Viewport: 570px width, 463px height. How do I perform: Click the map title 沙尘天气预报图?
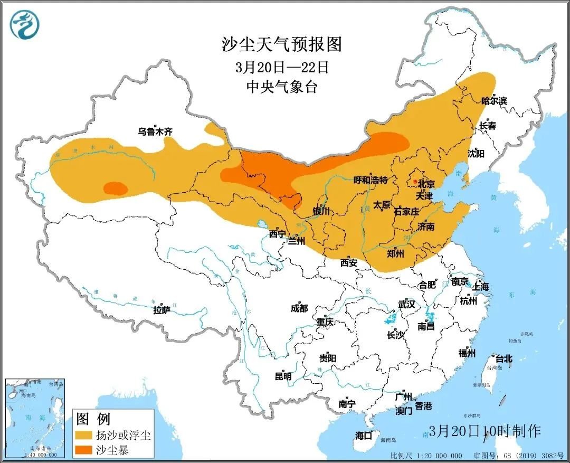tap(282, 44)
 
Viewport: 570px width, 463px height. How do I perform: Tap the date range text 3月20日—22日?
tap(282, 68)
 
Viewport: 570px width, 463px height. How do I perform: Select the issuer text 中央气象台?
tap(282, 87)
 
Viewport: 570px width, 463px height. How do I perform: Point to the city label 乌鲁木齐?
tap(155, 132)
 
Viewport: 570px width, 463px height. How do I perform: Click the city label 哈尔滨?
tap(493, 101)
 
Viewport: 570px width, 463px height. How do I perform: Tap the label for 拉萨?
tap(162, 310)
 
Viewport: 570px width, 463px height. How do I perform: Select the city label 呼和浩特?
tap(370, 180)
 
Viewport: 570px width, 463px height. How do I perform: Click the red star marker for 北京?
tap(415, 182)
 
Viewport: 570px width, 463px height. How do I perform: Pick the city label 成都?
tap(299, 308)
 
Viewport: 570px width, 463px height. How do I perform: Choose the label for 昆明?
tap(283, 376)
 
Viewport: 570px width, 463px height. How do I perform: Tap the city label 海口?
tap(364, 436)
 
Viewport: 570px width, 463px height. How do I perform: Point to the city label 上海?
tap(481, 287)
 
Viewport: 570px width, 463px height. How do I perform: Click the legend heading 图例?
tap(93, 419)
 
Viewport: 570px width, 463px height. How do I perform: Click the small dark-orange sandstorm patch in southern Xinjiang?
tap(115, 188)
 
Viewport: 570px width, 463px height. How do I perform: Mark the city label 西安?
tap(349, 262)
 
